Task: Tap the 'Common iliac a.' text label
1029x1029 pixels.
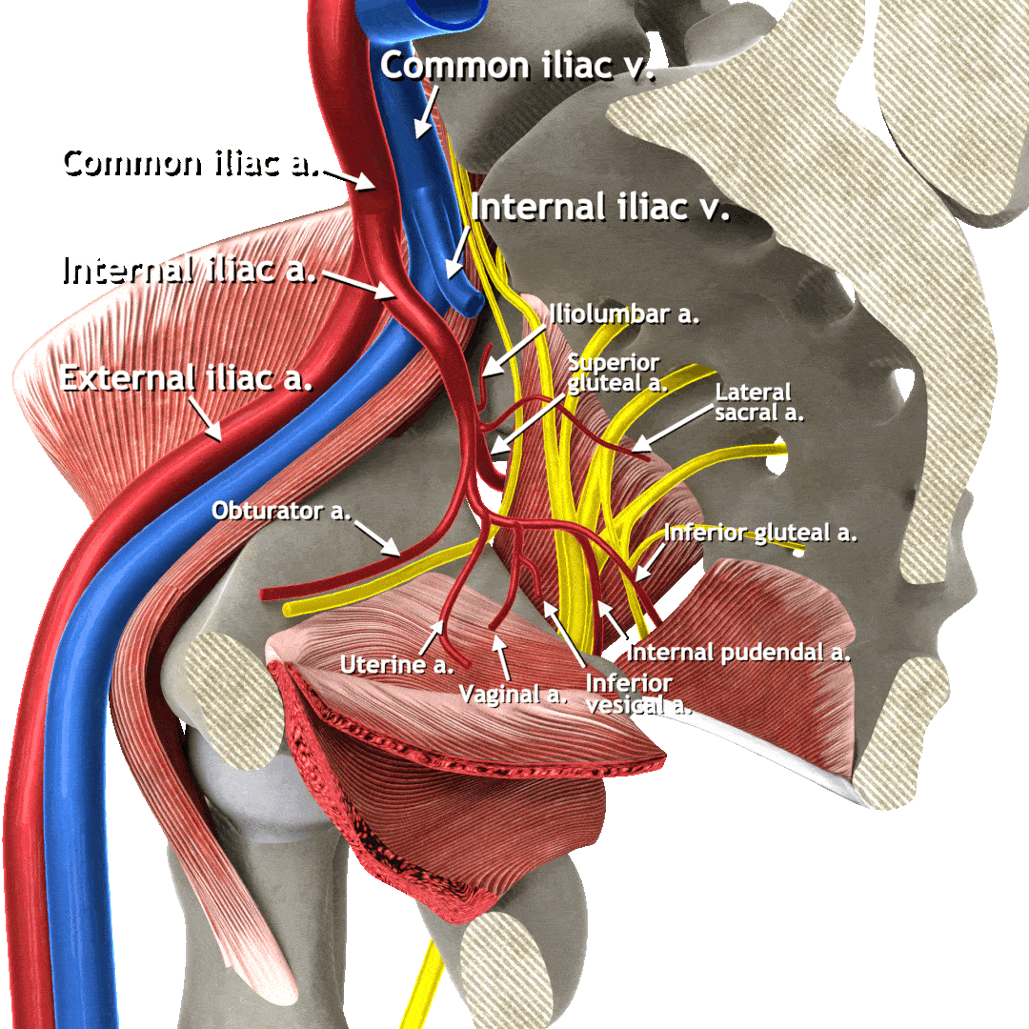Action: coord(187,160)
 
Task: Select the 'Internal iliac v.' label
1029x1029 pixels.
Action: coord(600,207)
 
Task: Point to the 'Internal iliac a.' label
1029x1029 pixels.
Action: coord(187,270)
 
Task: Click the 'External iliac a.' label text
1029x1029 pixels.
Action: coord(187,378)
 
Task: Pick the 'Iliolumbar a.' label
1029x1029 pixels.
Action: coord(624,315)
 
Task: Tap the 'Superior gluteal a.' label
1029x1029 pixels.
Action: coord(614,373)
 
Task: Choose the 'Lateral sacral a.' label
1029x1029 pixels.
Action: coord(759,402)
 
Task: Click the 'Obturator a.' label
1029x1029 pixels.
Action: coord(281,512)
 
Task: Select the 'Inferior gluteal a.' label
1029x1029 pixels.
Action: coord(760,533)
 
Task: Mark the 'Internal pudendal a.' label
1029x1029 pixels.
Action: coord(737,653)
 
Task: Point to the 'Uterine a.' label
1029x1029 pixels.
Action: coord(396,664)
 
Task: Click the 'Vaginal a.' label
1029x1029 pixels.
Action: coord(513,695)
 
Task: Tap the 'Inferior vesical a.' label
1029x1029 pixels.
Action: coord(636,695)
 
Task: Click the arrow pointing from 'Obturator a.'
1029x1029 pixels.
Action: coord(376,537)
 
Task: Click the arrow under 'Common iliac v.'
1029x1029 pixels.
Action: coord(425,111)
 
